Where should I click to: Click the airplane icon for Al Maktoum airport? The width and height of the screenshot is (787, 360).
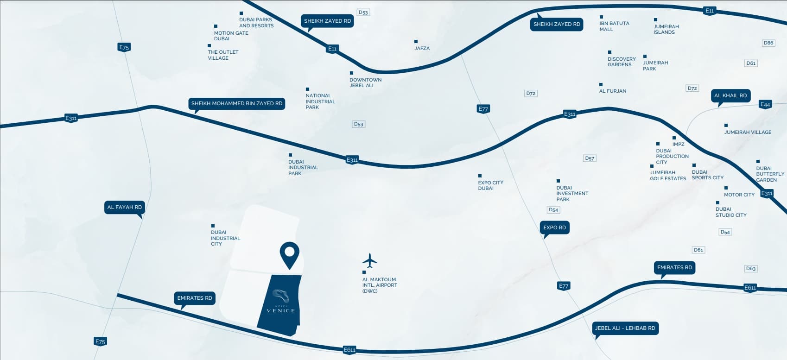(x=369, y=260)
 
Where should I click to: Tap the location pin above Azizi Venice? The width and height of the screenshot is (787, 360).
(x=290, y=255)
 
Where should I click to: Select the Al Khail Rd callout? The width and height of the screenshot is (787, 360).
(x=730, y=96)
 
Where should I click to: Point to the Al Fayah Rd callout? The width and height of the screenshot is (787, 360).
(x=125, y=207)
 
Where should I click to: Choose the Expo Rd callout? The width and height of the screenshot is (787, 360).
(x=554, y=227)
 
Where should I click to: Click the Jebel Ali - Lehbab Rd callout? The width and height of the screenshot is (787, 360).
(x=625, y=328)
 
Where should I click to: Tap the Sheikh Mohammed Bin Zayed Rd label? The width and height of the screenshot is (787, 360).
(x=237, y=104)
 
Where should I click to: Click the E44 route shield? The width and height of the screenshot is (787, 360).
(x=765, y=104)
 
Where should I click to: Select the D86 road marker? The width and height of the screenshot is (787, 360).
(x=768, y=43)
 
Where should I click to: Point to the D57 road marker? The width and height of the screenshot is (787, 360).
(x=589, y=158)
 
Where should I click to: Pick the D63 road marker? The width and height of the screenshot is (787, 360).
(x=750, y=269)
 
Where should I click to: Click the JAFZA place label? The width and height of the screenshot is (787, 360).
(x=422, y=49)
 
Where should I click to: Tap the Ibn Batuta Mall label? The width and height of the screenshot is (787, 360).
(x=614, y=26)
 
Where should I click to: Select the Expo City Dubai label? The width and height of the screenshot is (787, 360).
(x=490, y=185)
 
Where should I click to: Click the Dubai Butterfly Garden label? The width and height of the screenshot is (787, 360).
(x=770, y=174)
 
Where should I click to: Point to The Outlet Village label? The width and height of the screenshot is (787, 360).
(x=223, y=55)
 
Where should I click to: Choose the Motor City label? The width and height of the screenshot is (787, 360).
(x=739, y=195)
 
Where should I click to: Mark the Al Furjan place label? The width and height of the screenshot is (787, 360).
(x=613, y=91)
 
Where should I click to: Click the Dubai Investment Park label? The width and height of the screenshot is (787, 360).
(x=572, y=194)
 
